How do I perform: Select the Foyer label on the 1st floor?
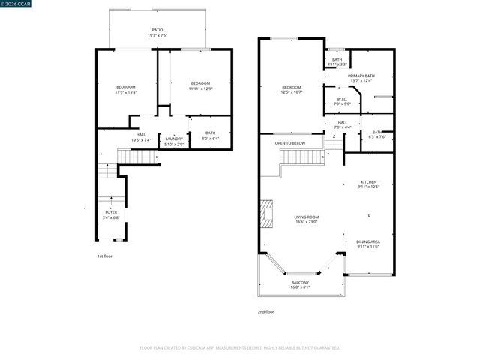[110, 215]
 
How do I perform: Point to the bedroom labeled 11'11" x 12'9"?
[199, 85]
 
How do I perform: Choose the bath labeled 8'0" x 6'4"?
[209, 136]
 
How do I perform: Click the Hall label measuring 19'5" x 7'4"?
[141, 137]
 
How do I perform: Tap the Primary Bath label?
[361, 78]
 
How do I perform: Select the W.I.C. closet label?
[341, 101]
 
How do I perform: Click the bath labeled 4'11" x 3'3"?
[337, 61]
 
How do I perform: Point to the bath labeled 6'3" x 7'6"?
[376, 134]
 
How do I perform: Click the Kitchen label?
[370, 184]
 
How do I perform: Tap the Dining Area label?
[368, 244]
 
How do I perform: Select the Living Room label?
[306, 219]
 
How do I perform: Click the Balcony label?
[300, 284]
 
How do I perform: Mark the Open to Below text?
[289, 142]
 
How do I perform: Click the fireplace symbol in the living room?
[266, 214]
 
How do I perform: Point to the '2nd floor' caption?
[265, 311]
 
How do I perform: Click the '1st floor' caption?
[105, 256]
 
